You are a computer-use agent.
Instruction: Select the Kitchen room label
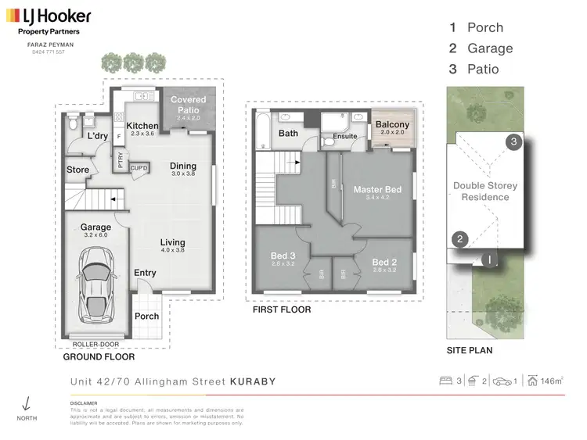(142, 126)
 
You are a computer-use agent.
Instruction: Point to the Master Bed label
(376, 190)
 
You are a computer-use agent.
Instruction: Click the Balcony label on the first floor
(392, 125)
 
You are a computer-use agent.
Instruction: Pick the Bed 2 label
(385, 262)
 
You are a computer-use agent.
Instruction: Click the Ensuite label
(344, 136)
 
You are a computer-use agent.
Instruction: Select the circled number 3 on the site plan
(513, 141)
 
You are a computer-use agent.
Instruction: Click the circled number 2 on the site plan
(460, 239)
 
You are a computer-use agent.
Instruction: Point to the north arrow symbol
(27, 403)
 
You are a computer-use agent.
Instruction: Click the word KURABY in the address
(252, 382)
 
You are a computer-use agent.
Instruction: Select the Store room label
(77, 170)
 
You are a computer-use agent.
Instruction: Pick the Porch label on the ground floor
(146, 317)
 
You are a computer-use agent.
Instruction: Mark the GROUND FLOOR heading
(99, 356)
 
